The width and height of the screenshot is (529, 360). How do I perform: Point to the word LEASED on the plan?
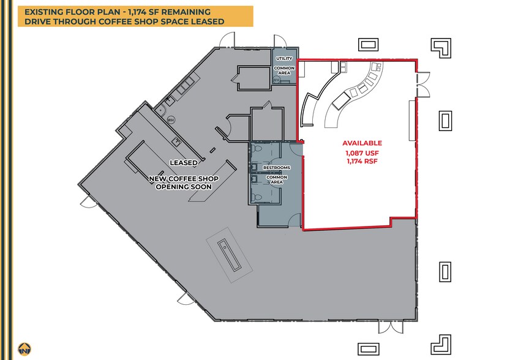point(184,162)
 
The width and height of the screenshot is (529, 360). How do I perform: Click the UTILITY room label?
point(284,58)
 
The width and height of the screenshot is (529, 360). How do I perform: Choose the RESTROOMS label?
point(276,167)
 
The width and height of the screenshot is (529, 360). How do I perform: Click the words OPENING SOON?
point(184,187)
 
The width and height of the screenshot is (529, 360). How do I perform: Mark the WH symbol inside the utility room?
point(277,80)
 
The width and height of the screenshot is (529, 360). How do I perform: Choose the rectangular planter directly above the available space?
point(368,44)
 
